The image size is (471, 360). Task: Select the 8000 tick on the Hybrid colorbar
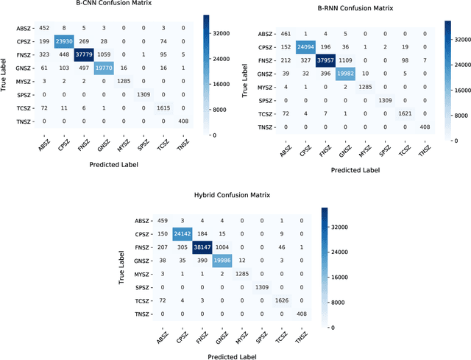tap(345, 302)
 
